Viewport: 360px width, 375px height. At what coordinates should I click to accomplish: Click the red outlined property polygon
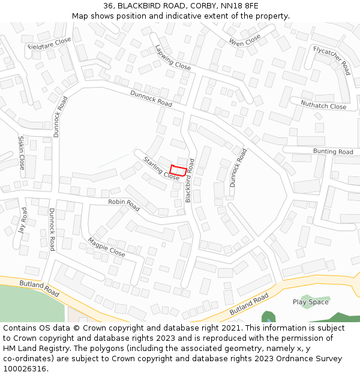pos(178,170)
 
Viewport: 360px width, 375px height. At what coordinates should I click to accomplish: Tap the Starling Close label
pos(161,169)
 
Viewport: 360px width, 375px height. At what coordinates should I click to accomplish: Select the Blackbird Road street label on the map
pos(190,180)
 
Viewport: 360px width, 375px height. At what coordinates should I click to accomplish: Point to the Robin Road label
pos(124,205)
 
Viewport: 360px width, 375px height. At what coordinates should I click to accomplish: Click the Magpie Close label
pos(106,247)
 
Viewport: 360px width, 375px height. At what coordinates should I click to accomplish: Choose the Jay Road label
pos(23,221)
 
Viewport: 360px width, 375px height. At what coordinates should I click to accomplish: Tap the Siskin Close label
pos(22,152)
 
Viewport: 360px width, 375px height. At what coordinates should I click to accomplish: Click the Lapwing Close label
pos(173,58)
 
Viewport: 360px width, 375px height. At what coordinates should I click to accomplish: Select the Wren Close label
pos(245,40)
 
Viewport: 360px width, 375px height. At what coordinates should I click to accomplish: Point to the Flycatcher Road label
pos(331,60)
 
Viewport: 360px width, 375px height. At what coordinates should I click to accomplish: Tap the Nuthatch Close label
pos(323,106)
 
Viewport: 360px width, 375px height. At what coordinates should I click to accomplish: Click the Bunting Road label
pos(333,152)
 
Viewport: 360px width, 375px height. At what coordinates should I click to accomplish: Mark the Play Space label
pos(310,302)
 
